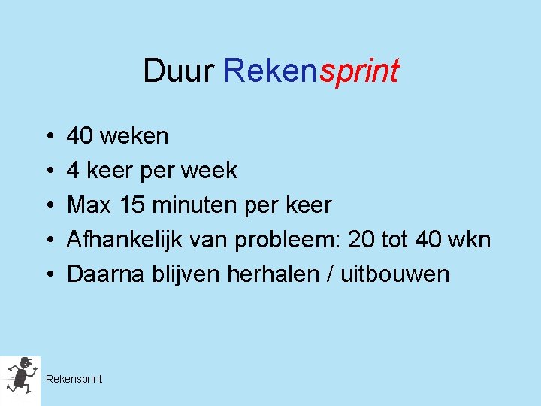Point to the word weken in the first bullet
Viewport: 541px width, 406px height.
pos(134,136)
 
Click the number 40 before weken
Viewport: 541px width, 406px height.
pos(80,136)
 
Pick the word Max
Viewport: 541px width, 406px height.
pos(89,205)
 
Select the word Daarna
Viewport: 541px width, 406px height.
pos(99,274)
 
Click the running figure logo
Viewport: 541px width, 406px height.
pos(20,376)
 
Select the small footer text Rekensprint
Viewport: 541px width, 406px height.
pos(74,379)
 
